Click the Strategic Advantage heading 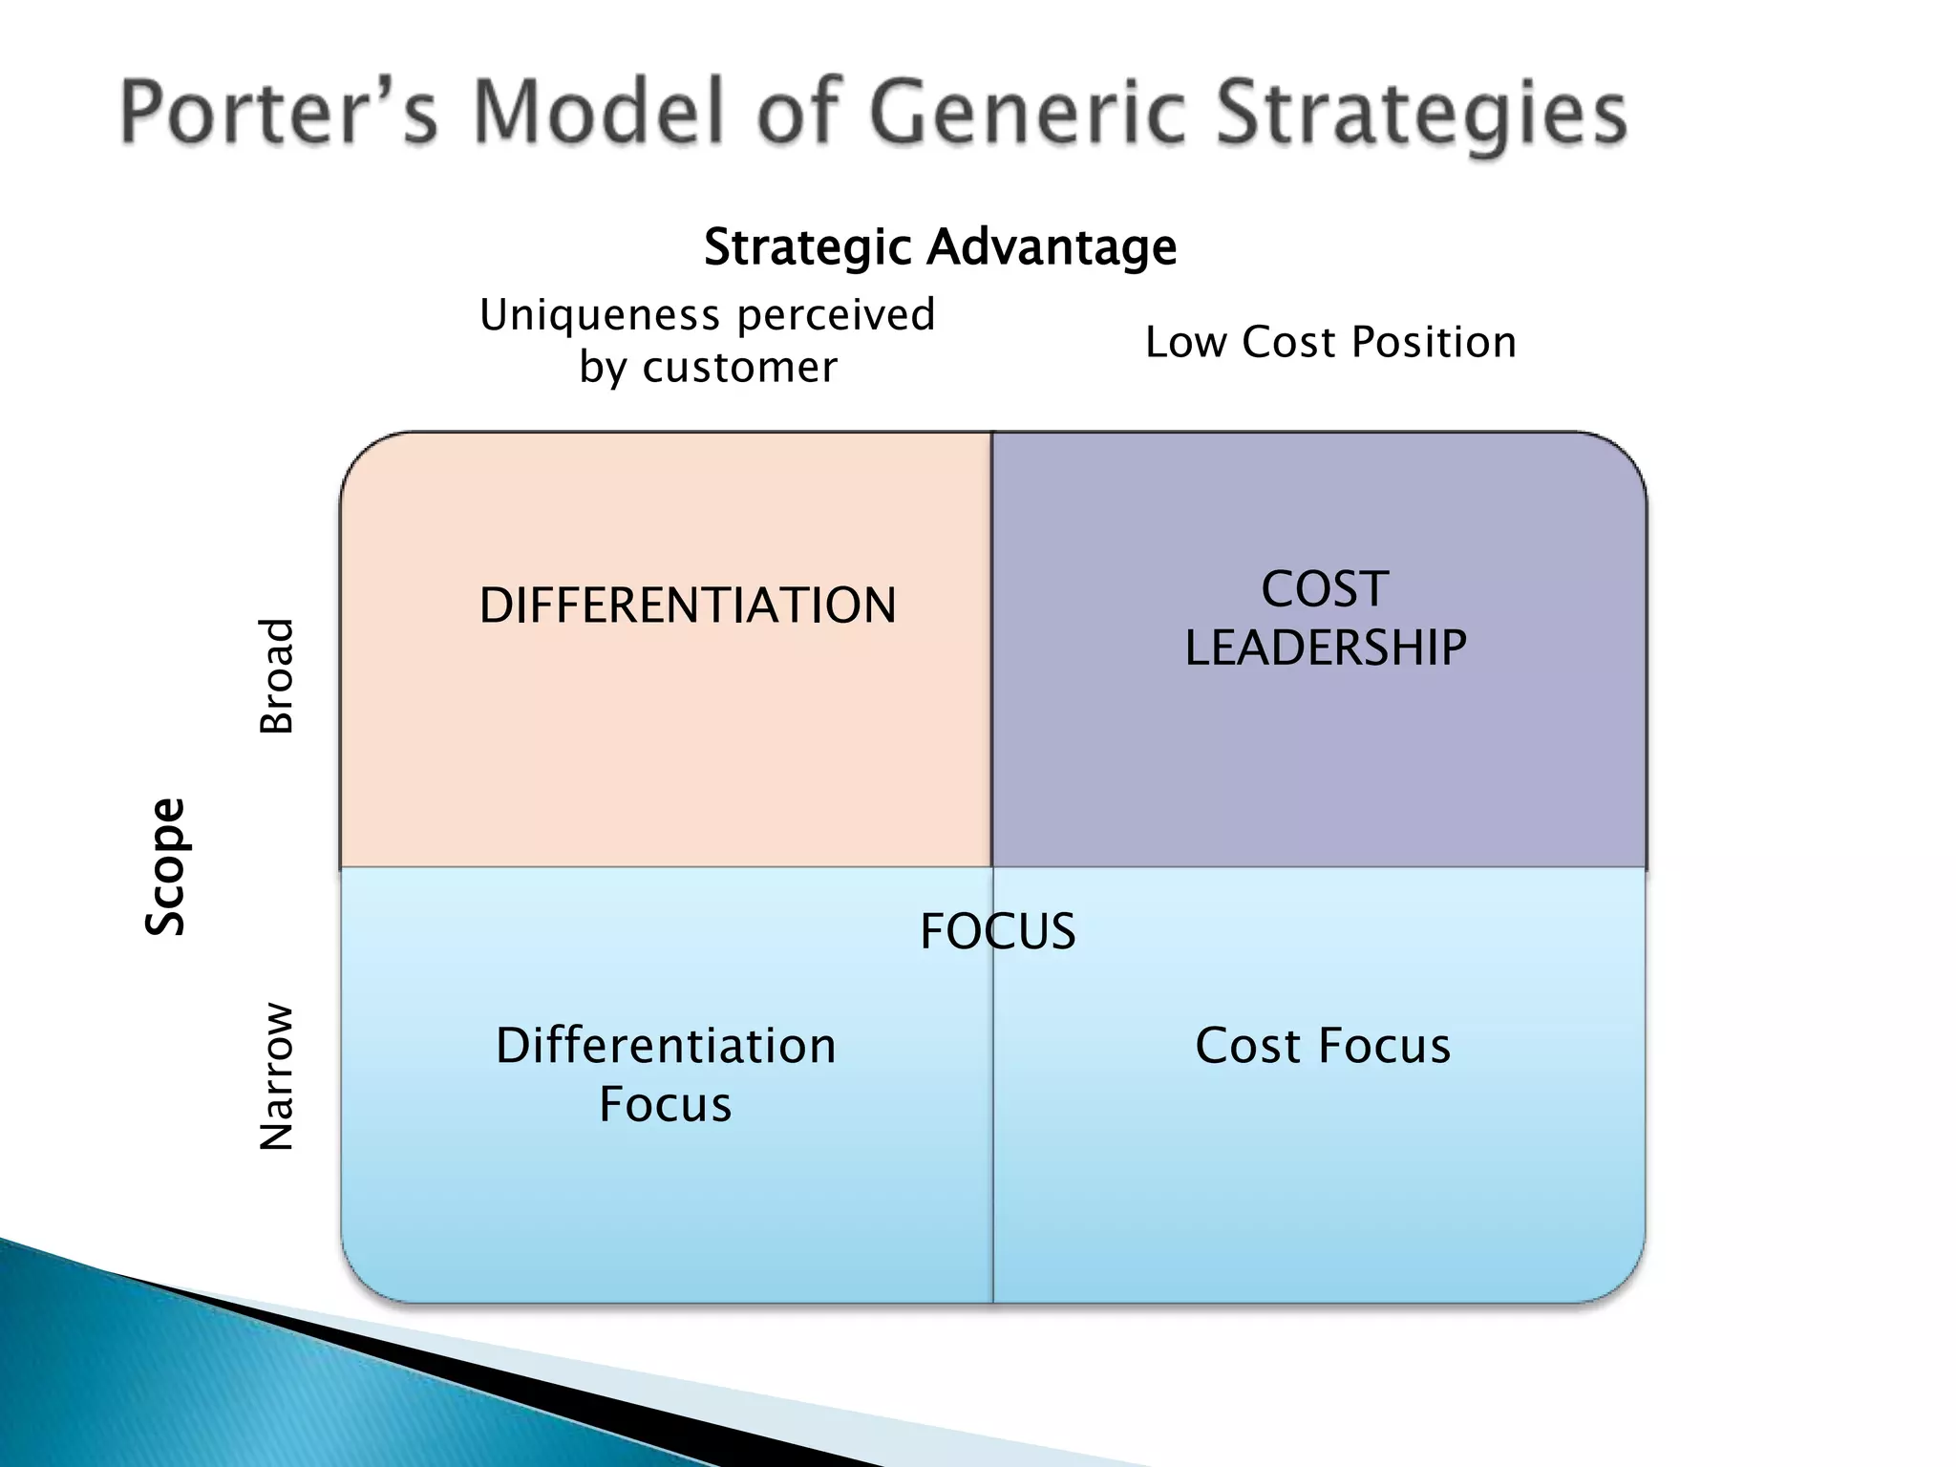point(940,247)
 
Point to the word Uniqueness point(599,315)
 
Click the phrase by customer point(708,368)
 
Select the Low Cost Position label point(1330,342)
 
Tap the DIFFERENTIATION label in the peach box point(688,606)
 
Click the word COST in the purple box point(1325,589)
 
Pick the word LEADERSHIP point(1326,648)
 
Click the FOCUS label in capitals point(997,931)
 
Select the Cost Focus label point(1323,1046)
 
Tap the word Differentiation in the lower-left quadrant point(666,1046)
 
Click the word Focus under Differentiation point(665,1105)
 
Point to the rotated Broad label point(277,675)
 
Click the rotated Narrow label point(277,1076)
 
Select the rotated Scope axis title point(165,866)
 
